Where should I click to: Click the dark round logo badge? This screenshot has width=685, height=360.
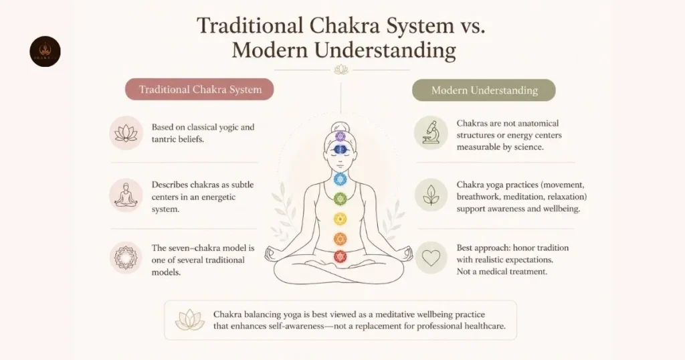pos(45,52)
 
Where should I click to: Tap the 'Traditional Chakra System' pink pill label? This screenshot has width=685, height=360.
pos(199,90)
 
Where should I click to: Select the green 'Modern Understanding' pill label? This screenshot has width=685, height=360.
pos(484,90)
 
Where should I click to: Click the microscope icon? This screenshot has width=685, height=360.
pos(431,132)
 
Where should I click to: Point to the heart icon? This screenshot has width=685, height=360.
pos(431,258)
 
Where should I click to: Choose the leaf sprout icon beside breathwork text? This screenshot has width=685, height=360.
pos(431,195)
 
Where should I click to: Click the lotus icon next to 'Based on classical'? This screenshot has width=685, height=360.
pos(126,132)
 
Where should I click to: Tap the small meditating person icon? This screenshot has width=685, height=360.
pos(126,195)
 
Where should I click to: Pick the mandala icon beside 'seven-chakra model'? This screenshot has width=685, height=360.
pos(126,258)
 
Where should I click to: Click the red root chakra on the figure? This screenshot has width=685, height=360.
pos(340,256)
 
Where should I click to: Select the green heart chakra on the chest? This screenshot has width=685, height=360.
pos(340,199)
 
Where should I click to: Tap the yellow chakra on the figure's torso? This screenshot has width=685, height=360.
pos(340,219)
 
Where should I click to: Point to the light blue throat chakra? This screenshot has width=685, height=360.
pos(340,179)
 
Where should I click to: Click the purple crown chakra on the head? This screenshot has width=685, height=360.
pos(340,137)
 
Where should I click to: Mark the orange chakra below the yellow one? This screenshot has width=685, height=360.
pos(340,239)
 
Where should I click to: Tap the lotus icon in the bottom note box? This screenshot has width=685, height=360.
pos(189,320)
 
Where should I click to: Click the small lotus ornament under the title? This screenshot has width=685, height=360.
pos(340,70)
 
